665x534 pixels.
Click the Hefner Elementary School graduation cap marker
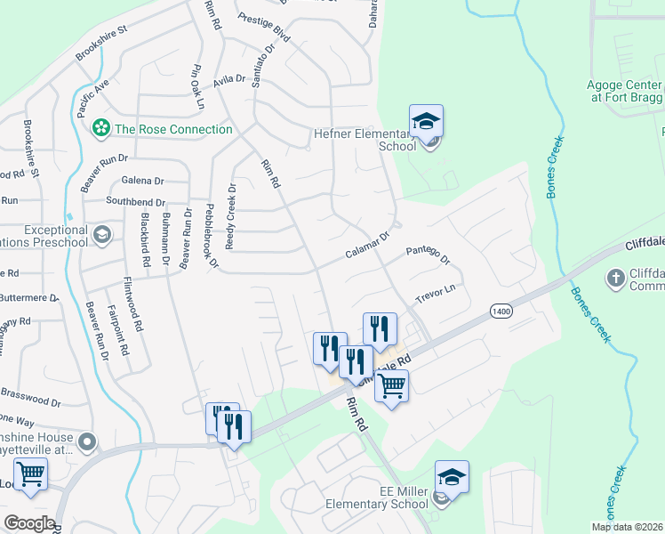coord(426,121)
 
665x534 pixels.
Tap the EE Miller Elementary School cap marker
coord(451,478)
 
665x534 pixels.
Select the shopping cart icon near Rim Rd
coord(390,386)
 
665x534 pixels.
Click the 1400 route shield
coord(500,310)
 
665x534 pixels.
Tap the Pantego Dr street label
coord(429,255)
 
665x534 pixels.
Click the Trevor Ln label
coord(436,293)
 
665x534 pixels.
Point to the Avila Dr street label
coord(228,81)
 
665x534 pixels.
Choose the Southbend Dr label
coord(136,202)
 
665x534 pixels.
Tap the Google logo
coord(28,523)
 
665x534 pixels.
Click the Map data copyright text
coord(627,527)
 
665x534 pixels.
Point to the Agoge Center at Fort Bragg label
coord(625,91)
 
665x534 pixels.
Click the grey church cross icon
coord(614,279)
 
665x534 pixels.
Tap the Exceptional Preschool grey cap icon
coord(102,235)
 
